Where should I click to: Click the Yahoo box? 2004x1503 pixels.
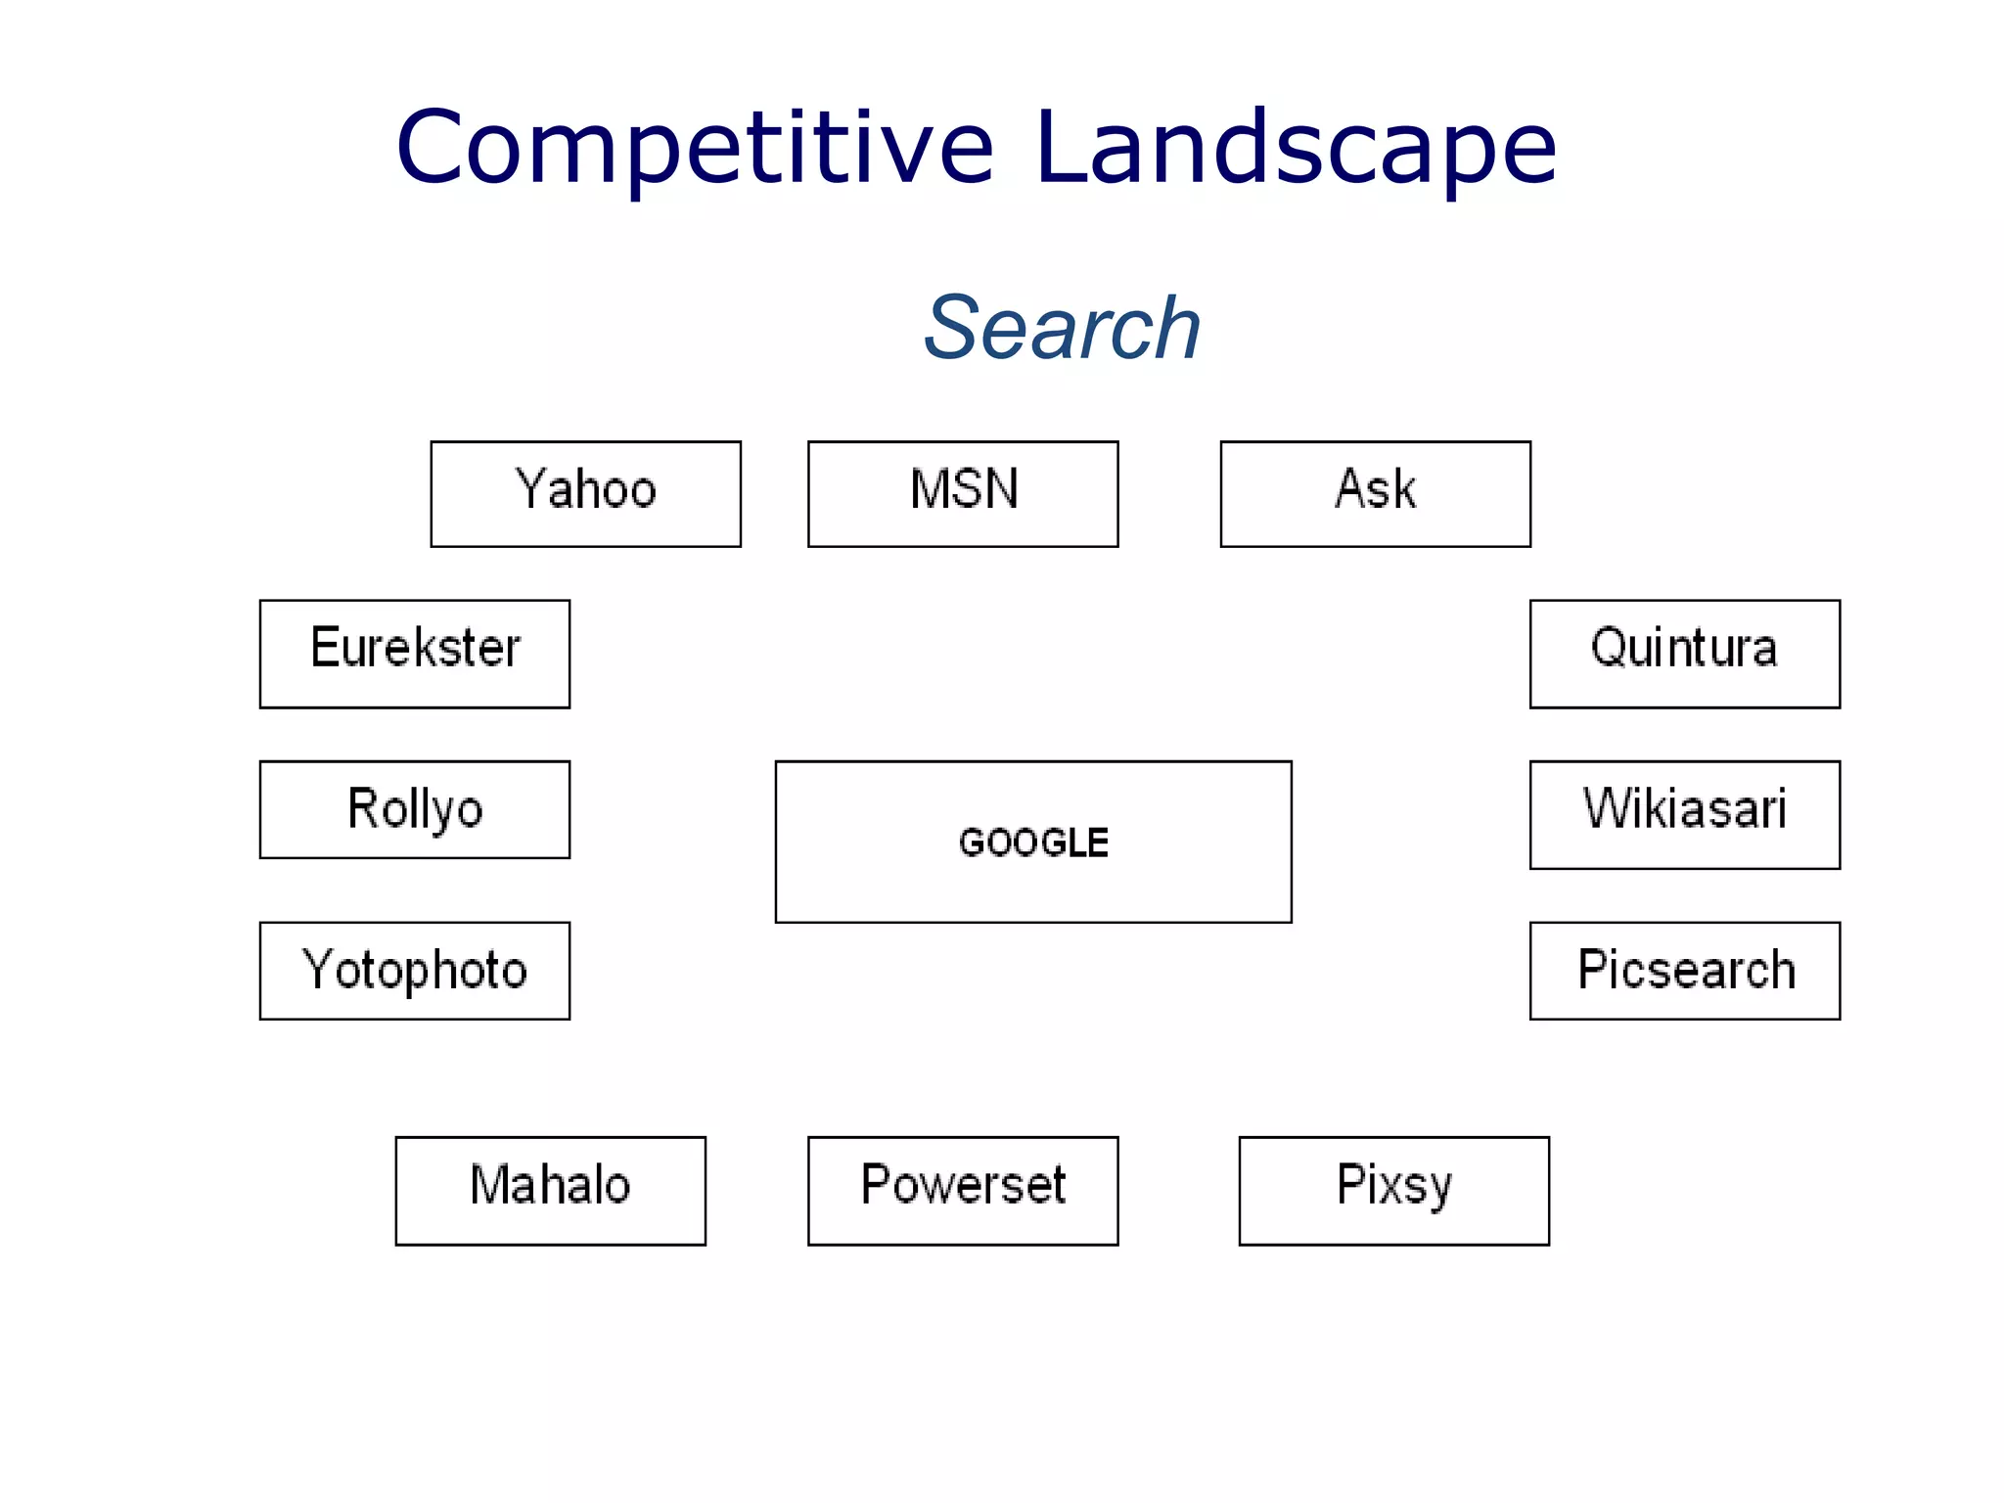585,493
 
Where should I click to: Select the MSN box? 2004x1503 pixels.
963,493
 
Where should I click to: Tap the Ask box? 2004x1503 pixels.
1375,493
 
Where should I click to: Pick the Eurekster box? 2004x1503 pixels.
415,653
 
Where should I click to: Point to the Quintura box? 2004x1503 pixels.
1684,653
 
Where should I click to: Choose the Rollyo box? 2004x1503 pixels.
415,809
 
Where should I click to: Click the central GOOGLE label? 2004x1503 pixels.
1033,843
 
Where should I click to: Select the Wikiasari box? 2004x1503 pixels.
1684,814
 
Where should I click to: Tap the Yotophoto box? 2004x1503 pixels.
415,970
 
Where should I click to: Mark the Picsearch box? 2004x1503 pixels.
1684,970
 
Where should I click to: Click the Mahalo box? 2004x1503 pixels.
550,1190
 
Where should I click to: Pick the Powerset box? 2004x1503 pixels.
963,1190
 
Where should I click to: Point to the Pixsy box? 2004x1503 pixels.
1393,1190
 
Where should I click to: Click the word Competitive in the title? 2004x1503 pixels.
695,149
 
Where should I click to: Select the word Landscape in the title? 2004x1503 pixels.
1295,149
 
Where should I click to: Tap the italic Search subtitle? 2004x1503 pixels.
1063,328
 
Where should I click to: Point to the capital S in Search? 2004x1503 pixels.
953,328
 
